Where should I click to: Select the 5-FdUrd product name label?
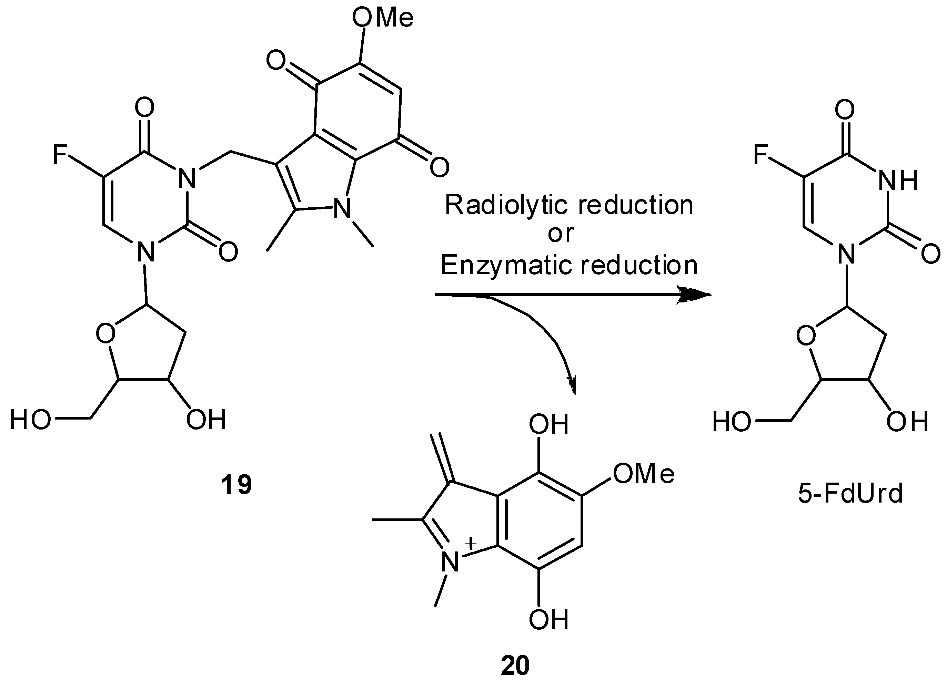coord(850,494)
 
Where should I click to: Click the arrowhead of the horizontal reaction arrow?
coord(695,295)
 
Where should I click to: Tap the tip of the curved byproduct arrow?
coord(574,388)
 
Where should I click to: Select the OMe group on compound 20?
coord(643,474)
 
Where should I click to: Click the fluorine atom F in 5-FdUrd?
coord(761,155)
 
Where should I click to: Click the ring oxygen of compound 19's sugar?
coord(105,333)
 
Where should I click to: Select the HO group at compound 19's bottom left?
coord(30,419)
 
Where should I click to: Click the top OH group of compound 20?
coord(548,425)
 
